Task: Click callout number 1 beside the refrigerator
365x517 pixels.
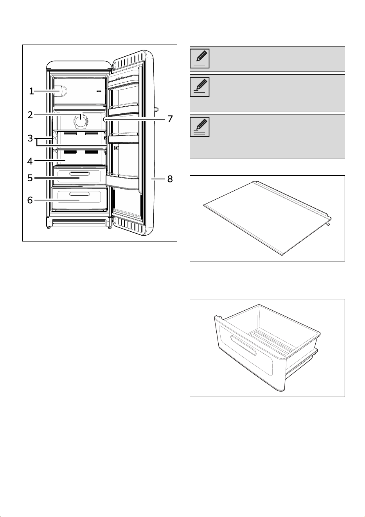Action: pyautogui.click(x=31, y=91)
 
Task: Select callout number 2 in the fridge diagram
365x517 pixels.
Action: pyautogui.click(x=30, y=115)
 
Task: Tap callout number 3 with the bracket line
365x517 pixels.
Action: pyautogui.click(x=30, y=138)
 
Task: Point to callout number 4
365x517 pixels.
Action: pyautogui.click(x=30, y=161)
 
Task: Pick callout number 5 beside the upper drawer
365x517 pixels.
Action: pyautogui.click(x=30, y=178)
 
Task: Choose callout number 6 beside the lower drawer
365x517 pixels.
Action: pyautogui.click(x=30, y=200)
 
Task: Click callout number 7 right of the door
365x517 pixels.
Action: pyautogui.click(x=170, y=119)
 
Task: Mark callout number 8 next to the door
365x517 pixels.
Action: pyautogui.click(x=170, y=179)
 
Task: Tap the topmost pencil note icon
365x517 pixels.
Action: pyautogui.click(x=200, y=58)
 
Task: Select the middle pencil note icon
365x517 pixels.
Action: pyautogui.click(x=200, y=87)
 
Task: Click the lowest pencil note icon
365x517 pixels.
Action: pyautogui.click(x=200, y=127)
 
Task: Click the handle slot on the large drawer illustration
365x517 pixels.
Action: pyautogui.click(x=243, y=345)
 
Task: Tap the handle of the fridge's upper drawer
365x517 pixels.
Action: pyautogui.click(x=79, y=174)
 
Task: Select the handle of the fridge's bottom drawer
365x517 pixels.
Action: pyautogui.click(x=79, y=194)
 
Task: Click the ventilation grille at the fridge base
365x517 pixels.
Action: pyautogui.click(x=79, y=222)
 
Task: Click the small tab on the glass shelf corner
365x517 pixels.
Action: pyautogui.click(x=328, y=224)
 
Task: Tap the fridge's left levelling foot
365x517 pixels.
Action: pyautogui.click(x=49, y=227)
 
